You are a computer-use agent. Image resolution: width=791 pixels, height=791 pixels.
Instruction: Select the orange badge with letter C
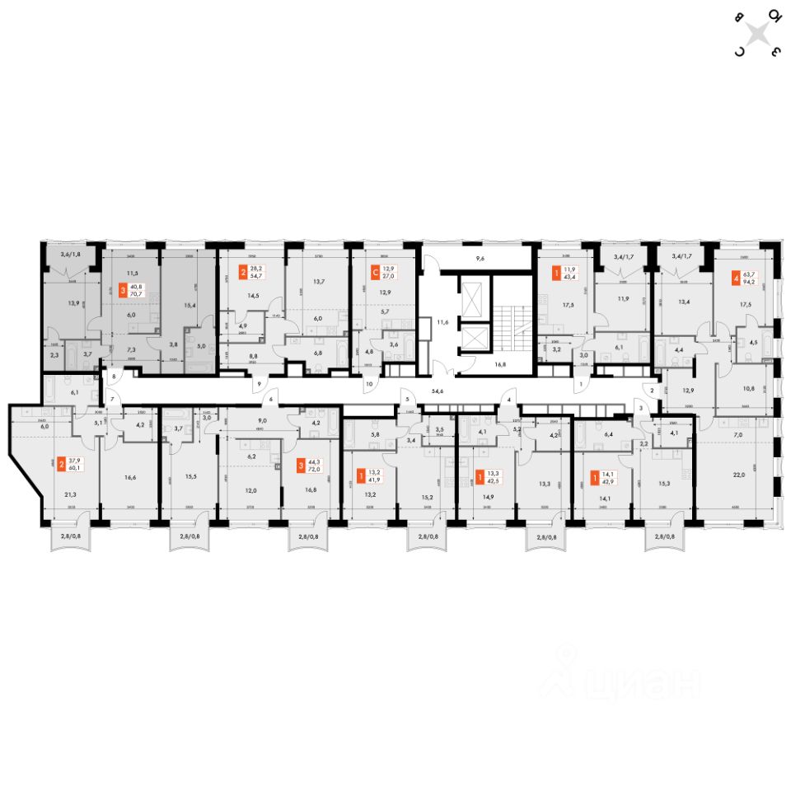376,269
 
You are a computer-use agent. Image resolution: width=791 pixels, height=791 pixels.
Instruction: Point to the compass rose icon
759,33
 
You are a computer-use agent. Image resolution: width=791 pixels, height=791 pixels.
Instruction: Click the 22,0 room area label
737,474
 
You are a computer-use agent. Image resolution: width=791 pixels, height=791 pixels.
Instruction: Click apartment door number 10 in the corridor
369,384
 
